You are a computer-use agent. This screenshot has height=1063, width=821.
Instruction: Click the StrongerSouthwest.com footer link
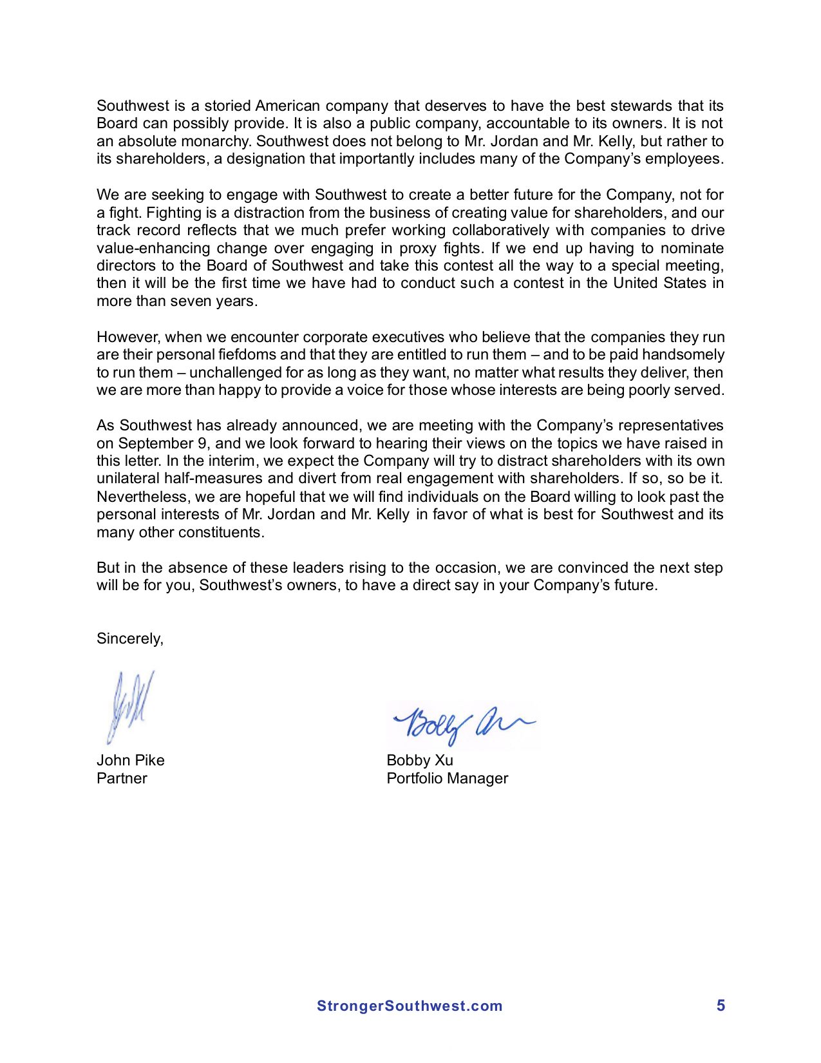click(409, 1006)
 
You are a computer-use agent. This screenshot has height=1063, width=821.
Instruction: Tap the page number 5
click(721, 1005)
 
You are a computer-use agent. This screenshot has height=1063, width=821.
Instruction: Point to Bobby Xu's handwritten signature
click(462, 724)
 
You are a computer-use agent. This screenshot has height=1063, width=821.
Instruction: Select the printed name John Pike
click(131, 760)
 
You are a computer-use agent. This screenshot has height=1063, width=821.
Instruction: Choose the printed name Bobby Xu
click(420, 760)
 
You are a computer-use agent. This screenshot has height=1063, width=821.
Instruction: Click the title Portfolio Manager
click(447, 778)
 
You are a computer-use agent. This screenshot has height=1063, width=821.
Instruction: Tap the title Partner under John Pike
click(122, 778)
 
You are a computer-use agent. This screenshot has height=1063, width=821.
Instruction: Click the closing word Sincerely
click(129, 638)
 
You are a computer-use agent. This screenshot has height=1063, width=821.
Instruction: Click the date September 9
click(156, 443)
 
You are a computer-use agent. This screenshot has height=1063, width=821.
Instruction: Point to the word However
click(128, 337)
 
